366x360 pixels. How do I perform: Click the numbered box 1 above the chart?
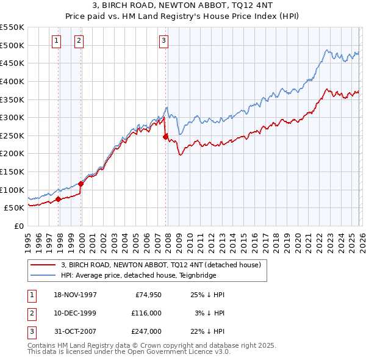(x=56, y=41)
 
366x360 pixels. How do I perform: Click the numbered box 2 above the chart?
(x=79, y=41)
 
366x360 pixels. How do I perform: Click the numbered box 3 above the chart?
(x=164, y=41)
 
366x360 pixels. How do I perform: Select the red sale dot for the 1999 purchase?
(x=81, y=184)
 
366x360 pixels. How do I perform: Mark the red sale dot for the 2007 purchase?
(x=165, y=137)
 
